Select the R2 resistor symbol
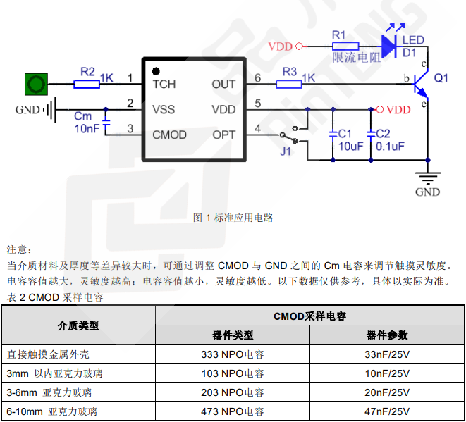pos(87,84)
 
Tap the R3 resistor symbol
pos(289,84)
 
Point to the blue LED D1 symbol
pos(391,46)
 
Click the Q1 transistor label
pos(441,78)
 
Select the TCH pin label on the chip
pos(164,85)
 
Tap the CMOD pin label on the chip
pos(170,135)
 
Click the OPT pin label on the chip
pos(224,135)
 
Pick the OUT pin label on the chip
pos(223,85)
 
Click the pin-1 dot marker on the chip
pos(155,71)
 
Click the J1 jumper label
pos(286,151)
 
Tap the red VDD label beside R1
pos(280,46)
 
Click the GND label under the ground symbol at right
pos(427,192)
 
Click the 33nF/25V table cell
pos(387,354)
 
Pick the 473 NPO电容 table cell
pos(233,411)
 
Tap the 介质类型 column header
pos(78,325)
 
